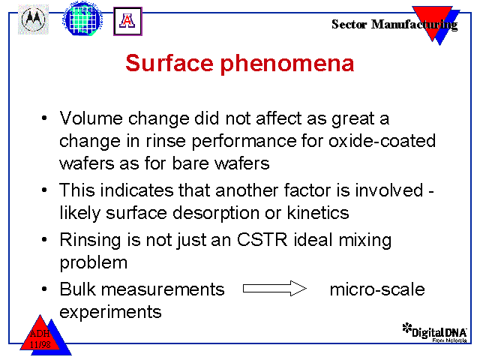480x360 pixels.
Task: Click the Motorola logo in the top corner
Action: click(x=33, y=19)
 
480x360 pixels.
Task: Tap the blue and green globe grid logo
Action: click(x=82, y=18)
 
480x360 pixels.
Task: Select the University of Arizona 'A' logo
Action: click(x=127, y=21)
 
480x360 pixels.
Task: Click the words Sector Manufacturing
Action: click(x=394, y=25)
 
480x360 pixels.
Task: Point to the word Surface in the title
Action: click(x=169, y=63)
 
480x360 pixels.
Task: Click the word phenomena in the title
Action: click(x=287, y=64)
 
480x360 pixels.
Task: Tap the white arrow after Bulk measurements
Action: click(x=274, y=288)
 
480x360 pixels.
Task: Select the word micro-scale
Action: click(x=377, y=289)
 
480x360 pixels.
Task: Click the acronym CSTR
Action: click(x=262, y=239)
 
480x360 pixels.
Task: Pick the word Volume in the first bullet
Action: click(x=91, y=118)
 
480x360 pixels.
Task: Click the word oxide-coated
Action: click(x=382, y=141)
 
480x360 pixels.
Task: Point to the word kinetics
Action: click(x=318, y=212)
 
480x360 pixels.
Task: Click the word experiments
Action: click(x=110, y=313)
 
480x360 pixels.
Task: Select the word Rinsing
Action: click(x=90, y=240)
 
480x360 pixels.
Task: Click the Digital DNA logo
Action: click(x=435, y=332)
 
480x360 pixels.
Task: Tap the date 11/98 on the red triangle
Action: click(x=40, y=345)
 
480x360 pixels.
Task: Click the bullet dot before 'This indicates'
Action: click(x=44, y=190)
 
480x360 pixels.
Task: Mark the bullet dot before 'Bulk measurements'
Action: click(x=44, y=289)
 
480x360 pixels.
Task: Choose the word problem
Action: click(x=93, y=263)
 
